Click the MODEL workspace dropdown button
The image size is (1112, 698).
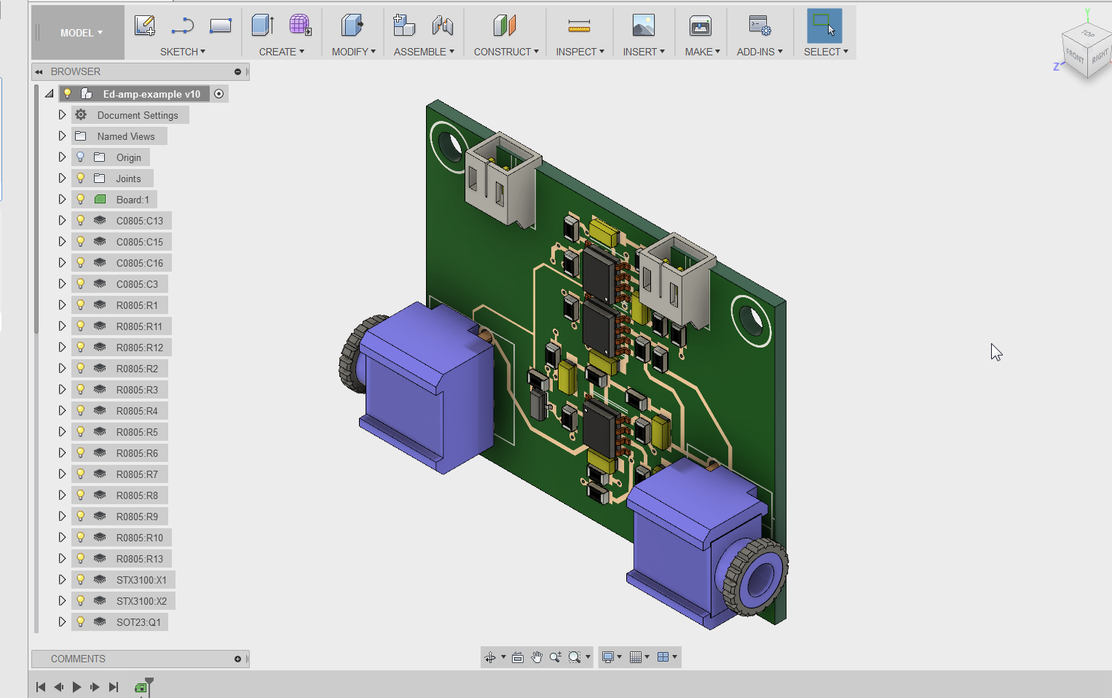click(x=81, y=33)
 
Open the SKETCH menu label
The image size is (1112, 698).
click(x=182, y=52)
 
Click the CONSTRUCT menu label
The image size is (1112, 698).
click(x=505, y=52)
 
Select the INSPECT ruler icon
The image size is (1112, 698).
click(x=579, y=26)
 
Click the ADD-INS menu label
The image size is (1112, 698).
click(x=759, y=52)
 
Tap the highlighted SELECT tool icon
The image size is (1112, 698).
click(x=824, y=26)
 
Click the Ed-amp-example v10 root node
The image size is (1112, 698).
click(x=151, y=94)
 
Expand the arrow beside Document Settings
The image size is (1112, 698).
click(x=62, y=115)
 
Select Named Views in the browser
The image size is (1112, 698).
click(x=125, y=136)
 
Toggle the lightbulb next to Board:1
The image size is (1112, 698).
click(x=81, y=199)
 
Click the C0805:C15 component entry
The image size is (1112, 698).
click(x=139, y=242)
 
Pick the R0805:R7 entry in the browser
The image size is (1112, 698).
click(x=137, y=474)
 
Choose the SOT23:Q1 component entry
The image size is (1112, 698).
click(x=138, y=622)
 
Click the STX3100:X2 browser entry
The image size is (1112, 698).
click(x=141, y=601)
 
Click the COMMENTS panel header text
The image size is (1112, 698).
click(x=78, y=659)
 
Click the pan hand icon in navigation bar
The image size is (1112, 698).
click(x=537, y=657)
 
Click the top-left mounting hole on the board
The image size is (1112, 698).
click(x=449, y=145)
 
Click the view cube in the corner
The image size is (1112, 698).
click(x=1085, y=51)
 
